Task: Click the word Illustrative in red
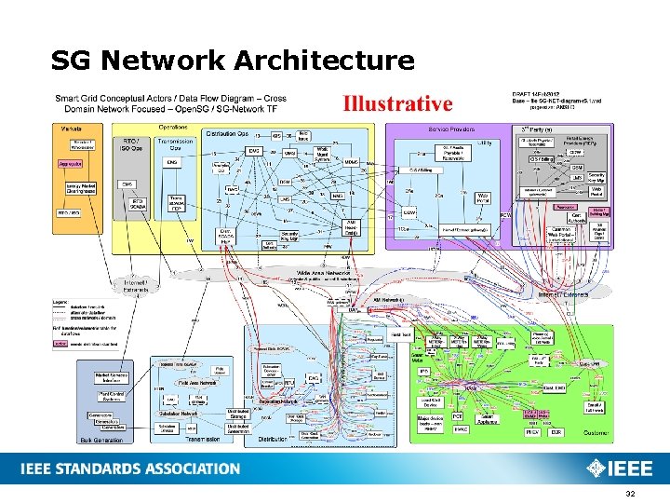click(397, 102)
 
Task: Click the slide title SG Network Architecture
click(233, 61)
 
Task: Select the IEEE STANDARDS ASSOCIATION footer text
click(129, 469)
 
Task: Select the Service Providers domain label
click(452, 129)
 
